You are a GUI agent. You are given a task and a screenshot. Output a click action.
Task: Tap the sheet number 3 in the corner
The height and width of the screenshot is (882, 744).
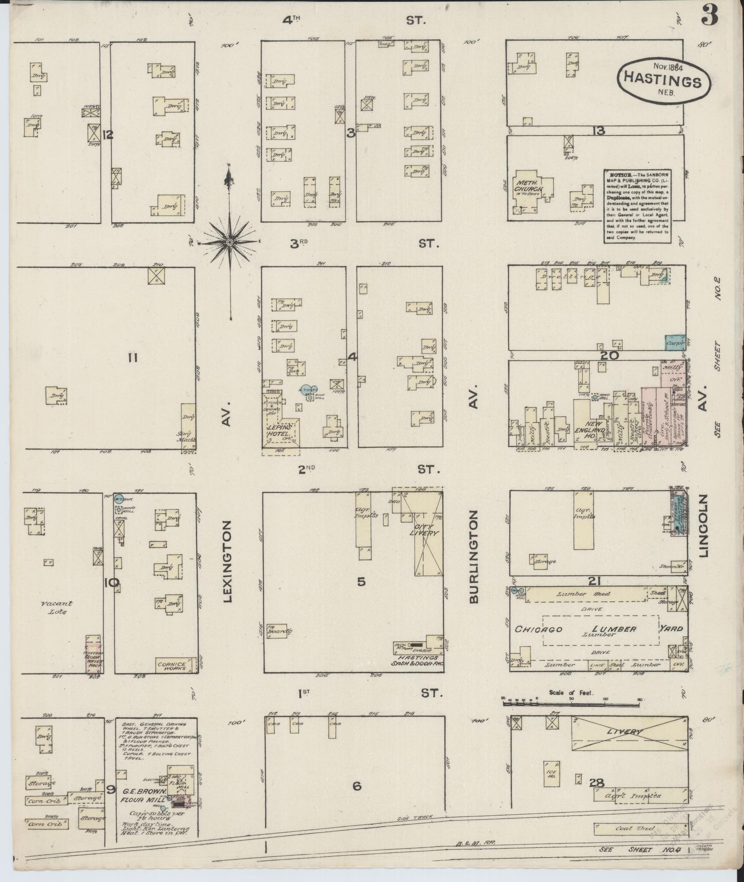click(x=709, y=17)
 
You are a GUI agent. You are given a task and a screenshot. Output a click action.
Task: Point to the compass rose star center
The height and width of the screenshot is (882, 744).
click(x=229, y=242)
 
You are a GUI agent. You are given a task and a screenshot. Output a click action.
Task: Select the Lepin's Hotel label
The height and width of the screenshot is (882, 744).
click(x=279, y=430)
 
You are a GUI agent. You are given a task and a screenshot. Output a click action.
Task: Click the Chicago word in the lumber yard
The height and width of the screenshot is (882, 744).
click(x=539, y=629)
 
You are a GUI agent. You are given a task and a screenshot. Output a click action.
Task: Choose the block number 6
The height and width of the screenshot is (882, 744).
click(x=357, y=786)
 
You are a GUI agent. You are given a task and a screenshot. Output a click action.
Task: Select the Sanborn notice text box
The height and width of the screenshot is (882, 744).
click(x=636, y=206)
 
